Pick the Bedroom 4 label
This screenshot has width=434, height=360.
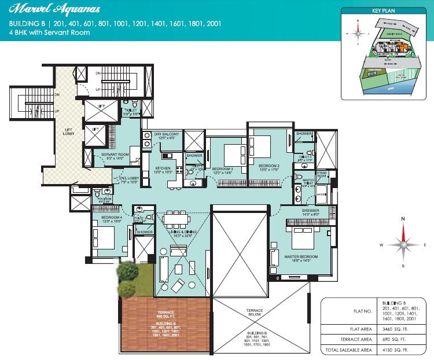tap(109, 218)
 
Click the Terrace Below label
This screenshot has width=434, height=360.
tap(255, 314)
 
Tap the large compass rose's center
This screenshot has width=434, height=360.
tap(404, 245)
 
